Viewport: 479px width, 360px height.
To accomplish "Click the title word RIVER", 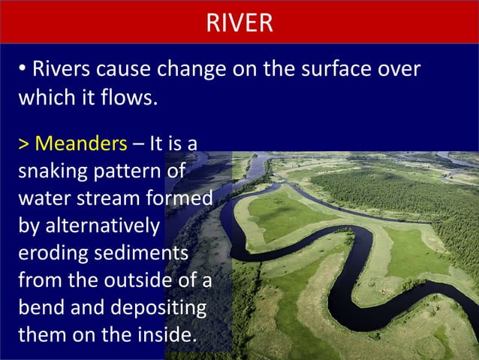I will click(239, 23).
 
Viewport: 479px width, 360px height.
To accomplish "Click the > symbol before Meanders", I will click(23, 143).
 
